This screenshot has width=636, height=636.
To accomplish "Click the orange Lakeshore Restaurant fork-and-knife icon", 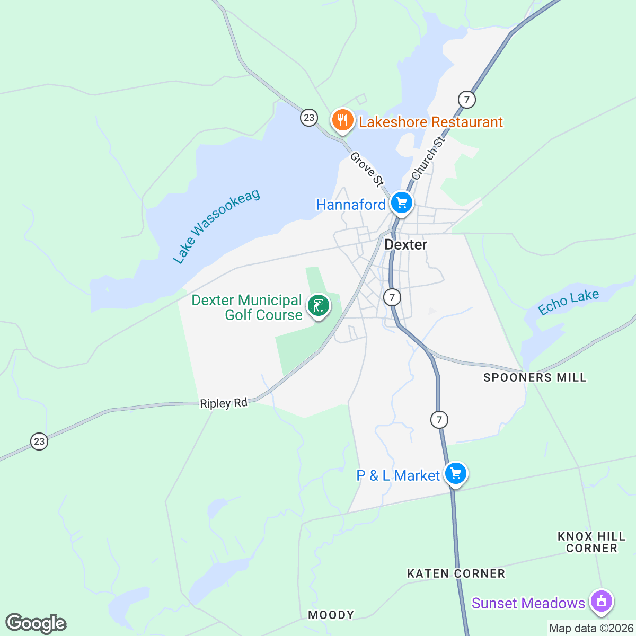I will [343, 120].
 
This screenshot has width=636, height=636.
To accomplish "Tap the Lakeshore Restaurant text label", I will [430, 122].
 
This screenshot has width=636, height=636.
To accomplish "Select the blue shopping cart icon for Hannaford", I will [402, 202].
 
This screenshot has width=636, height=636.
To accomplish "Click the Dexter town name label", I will [405, 244].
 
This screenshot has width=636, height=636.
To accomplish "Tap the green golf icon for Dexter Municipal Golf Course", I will [318, 306].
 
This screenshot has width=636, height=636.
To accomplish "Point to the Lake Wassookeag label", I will [216, 226].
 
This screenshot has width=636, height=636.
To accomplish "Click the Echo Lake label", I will [568, 302].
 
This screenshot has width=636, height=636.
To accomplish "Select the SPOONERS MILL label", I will [535, 378].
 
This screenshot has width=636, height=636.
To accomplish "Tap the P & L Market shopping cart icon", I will [456, 473].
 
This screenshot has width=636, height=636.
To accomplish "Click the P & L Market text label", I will [397, 475].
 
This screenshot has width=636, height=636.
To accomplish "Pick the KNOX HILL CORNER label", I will [591, 542].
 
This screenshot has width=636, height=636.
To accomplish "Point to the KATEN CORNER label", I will [456, 573].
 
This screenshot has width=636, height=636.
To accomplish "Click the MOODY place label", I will [331, 615].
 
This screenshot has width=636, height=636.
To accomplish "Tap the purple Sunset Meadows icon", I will [601, 602].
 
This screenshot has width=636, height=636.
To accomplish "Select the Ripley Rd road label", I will [224, 403].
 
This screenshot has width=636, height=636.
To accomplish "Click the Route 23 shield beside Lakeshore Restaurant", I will [309, 118].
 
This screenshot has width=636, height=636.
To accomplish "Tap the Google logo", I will [36, 623].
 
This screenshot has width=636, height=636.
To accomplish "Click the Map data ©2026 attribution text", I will [590, 629].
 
